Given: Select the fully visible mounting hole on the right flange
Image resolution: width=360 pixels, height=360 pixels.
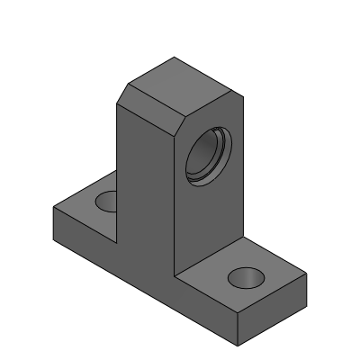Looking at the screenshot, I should tap(243, 277).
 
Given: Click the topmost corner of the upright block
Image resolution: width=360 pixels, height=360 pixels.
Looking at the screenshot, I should tap(173, 58).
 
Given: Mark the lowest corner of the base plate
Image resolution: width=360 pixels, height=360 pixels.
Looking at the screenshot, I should tap(238, 343).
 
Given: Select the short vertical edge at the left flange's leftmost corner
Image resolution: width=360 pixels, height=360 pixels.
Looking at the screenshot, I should tap(53, 221).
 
